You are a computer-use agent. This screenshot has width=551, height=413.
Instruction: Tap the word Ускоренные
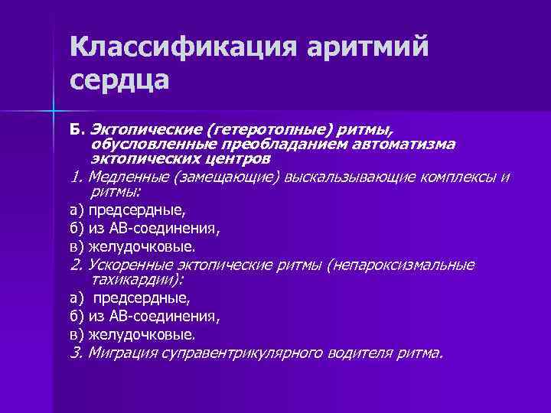[x=129, y=265]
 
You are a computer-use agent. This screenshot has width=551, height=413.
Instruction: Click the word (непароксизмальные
[x=401, y=265]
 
